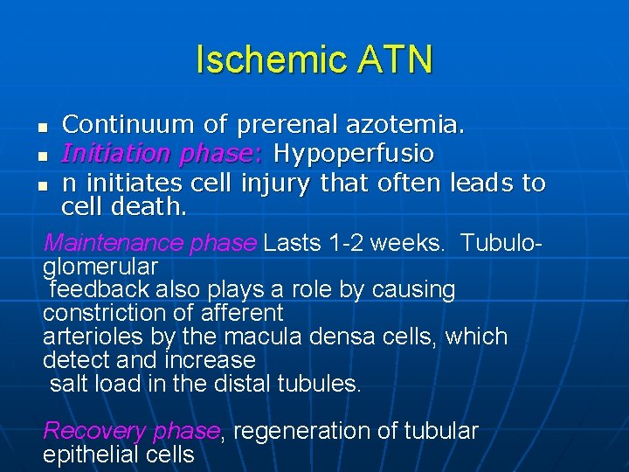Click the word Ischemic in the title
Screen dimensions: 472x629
tap(259, 59)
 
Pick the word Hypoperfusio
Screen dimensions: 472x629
tap(353, 154)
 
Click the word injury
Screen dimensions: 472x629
tap(274, 183)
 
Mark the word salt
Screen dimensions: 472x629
tap(69, 384)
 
